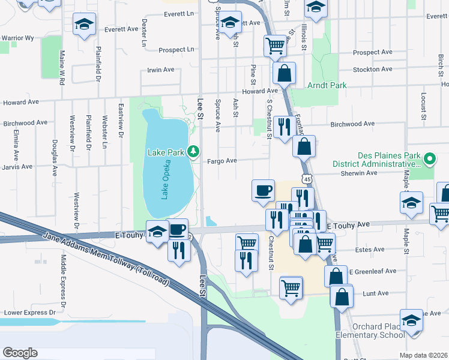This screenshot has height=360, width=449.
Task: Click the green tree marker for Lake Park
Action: (193, 151)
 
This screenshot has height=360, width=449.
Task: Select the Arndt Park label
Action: (327, 86)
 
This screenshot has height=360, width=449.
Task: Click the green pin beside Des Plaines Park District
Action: (429, 159)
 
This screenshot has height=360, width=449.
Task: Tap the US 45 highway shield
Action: (307, 179)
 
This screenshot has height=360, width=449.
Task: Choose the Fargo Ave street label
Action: (222, 161)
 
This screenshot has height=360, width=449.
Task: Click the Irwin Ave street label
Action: (160, 70)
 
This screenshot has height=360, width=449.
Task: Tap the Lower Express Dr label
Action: (29, 313)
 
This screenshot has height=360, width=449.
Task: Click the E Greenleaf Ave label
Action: (373, 271)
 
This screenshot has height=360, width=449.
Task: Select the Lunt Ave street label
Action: (377, 293)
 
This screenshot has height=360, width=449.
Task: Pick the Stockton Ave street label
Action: (372, 70)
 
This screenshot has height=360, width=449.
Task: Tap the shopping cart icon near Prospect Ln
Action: (274, 45)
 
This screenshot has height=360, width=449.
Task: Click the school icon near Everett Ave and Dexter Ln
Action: (85, 25)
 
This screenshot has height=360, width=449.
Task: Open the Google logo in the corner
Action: (20, 352)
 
